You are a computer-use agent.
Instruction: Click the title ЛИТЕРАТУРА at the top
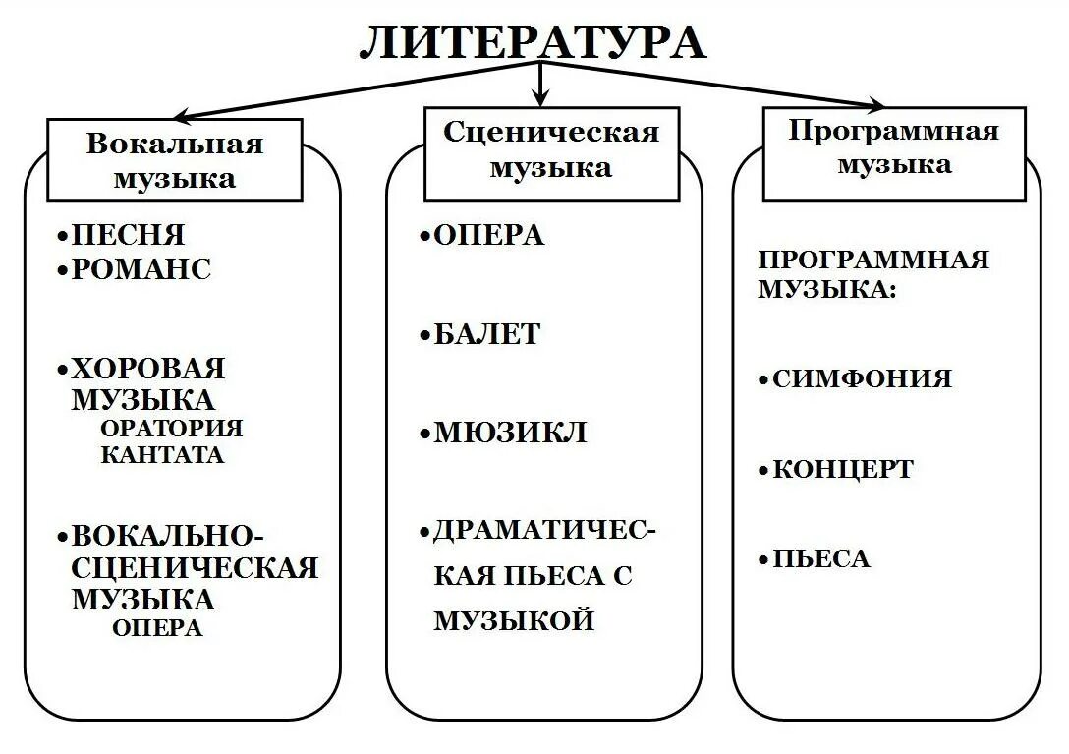tap(533, 42)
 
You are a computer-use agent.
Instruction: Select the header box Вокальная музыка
tap(175, 160)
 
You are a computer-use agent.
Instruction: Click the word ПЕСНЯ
tap(128, 236)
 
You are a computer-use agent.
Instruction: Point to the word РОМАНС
tap(141, 269)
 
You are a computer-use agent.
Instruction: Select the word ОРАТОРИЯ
tap(171, 429)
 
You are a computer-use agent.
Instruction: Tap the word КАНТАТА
tap(162, 455)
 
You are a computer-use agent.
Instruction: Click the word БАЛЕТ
tap(486, 334)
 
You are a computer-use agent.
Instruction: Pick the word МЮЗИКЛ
tap(509, 433)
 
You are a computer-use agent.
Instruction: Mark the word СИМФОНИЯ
tap(862, 379)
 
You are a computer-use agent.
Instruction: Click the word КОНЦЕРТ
tap(842, 470)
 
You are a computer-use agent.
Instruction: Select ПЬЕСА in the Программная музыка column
tap(820, 559)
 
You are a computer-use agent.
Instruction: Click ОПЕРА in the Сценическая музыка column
tap(488, 236)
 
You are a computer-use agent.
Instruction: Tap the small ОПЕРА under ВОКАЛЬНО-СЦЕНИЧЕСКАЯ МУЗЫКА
tap(157, 628)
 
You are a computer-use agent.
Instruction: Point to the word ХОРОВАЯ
tap(147, 369)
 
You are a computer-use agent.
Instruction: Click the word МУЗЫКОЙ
tap(514, 621)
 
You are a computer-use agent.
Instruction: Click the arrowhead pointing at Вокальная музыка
tap(181, 115)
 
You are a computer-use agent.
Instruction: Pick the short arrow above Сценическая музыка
tap(539, 87)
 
